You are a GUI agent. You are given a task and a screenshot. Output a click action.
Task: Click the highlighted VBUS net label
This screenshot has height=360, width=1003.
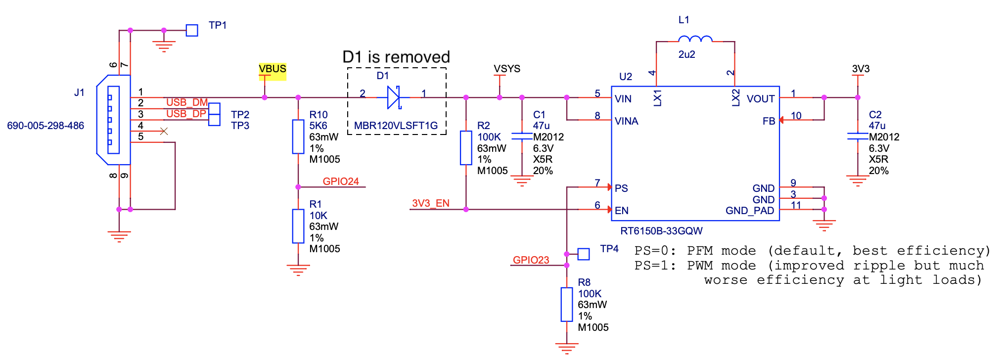tap(272, 69)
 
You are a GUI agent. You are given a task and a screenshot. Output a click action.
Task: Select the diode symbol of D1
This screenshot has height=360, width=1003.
tap(394, 97)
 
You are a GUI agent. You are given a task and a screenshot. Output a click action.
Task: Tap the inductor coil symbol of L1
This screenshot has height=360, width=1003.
tap(695, 39)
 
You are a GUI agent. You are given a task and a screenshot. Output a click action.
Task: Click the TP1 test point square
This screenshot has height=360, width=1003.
tap(192, 31)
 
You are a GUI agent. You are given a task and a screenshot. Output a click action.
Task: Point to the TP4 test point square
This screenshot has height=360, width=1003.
tap(584, 254)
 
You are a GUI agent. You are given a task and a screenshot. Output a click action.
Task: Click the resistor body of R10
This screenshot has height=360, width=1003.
tap(298, 136)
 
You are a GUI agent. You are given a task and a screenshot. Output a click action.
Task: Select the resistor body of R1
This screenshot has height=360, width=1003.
tap(298, 226)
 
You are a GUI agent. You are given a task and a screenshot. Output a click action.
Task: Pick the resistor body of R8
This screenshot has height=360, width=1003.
tap(567, 305)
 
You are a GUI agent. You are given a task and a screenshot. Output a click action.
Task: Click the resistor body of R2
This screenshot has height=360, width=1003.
tap(466, 147)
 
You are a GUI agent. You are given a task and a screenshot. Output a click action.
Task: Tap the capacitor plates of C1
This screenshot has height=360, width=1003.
tap(522, 136)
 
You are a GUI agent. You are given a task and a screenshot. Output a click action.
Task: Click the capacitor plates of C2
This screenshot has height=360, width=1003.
tap(858, 136)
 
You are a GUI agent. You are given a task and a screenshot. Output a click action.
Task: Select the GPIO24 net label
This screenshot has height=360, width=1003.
tap(341, 181)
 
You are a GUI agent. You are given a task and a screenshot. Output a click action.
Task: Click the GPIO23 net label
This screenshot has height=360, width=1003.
tap(531, 260)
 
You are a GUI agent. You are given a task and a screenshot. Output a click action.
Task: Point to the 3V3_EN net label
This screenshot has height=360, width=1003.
tap(430, 203)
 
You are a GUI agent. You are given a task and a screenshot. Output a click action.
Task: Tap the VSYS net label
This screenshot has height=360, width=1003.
tap(507, 69)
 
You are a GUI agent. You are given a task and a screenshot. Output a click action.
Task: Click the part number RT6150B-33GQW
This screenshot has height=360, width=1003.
tap(661, 231)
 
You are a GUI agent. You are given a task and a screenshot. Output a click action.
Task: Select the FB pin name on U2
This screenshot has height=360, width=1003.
tap(769, 121)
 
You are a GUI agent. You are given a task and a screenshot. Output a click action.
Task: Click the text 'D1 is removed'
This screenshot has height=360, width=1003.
tap(396, 57)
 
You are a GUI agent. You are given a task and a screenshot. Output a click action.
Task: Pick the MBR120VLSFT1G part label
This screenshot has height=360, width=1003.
tap(396, 126)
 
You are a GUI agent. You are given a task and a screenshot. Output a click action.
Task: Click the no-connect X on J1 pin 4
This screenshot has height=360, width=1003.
tap(164, 131)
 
